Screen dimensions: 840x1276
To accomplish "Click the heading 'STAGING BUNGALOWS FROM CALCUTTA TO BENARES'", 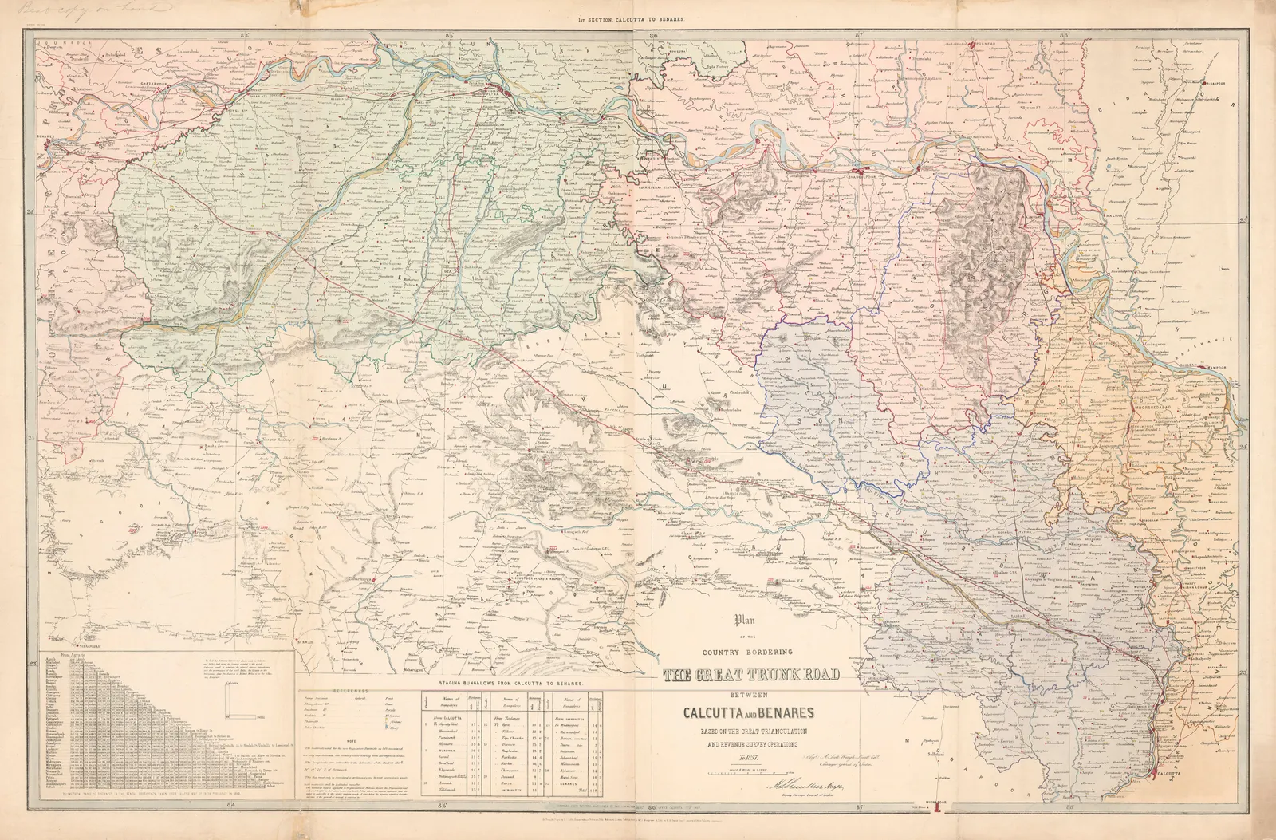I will tap(507, 684).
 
